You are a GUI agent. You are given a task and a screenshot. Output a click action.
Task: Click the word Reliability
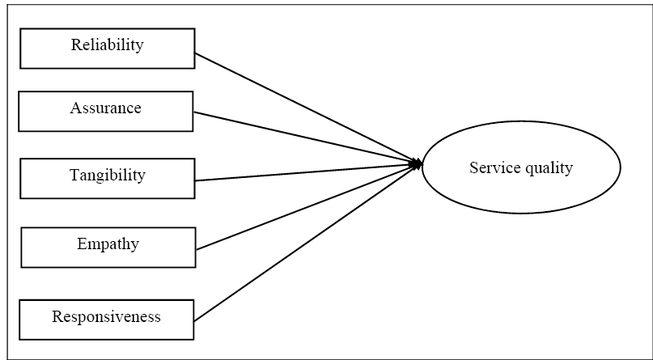pos(107,44)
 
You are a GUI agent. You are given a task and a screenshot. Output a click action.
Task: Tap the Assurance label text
pos(105,108)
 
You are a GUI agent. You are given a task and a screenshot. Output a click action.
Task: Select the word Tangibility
pos(107,175)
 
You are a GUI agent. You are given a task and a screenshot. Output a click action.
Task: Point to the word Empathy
pos(108,244)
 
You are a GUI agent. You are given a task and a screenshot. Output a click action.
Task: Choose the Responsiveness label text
pos(106,316)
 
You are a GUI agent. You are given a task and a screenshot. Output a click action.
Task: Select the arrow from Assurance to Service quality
pos(307,138)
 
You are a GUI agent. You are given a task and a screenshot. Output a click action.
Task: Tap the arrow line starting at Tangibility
pos(307,172)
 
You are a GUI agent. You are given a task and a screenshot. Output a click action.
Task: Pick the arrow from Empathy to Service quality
pos(307,207)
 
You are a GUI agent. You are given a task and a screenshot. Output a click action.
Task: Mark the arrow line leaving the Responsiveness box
pos(307,242)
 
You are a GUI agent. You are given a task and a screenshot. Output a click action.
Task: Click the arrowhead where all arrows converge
pos(418,164)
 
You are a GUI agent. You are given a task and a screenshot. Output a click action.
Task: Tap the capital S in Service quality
pos(473,168)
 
